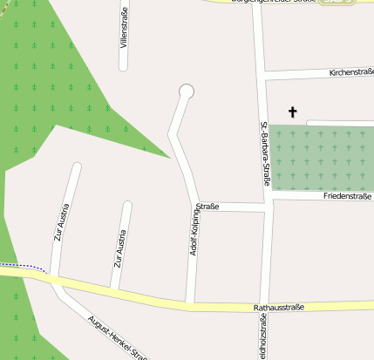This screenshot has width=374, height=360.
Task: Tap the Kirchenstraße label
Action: [351, 72]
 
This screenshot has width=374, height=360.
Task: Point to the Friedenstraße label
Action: [348, 197]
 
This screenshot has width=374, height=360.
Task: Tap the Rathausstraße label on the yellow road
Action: [278, 308]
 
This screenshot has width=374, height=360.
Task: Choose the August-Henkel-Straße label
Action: [114, 336]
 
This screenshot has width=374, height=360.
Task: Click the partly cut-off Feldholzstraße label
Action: [262, 340]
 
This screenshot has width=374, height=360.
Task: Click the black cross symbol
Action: [292, 112]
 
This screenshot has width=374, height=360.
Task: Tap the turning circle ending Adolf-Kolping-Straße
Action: [186, 91]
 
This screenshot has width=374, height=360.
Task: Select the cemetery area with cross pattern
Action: [321, 158]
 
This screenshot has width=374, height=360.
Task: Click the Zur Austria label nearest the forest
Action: [61, 221]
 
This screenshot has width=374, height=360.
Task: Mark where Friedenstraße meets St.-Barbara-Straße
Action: [268, 198]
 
